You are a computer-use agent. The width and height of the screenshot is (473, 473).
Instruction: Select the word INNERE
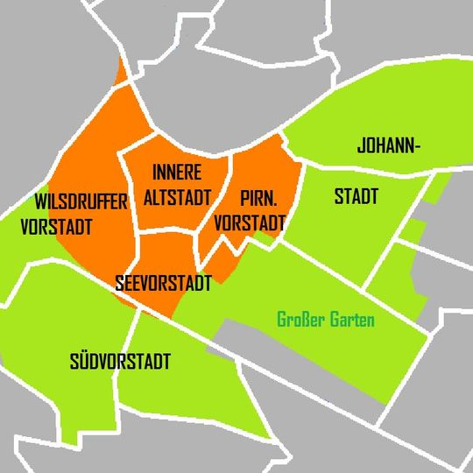pyautogui.click(x=177, y=170)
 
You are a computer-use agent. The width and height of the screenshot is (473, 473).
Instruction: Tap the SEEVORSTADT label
pyautogui.click(x=164, y=284)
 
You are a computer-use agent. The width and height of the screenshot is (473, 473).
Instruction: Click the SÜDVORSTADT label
pyautogui.click(x=120, y=362)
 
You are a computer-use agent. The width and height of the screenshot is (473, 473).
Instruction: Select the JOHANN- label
pyautogui.click(x=389, y=146)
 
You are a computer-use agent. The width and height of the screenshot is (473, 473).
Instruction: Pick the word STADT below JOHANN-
pyautogui.click(x=357, y=197)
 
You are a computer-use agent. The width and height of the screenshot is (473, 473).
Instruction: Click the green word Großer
pyautogui.click(x=300, y=321)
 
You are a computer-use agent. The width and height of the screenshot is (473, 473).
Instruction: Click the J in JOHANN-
pyautogui.click(x=362, y=146)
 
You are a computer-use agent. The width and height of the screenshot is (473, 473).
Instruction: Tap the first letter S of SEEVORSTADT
pyautogui.click(x=120, y=284)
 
